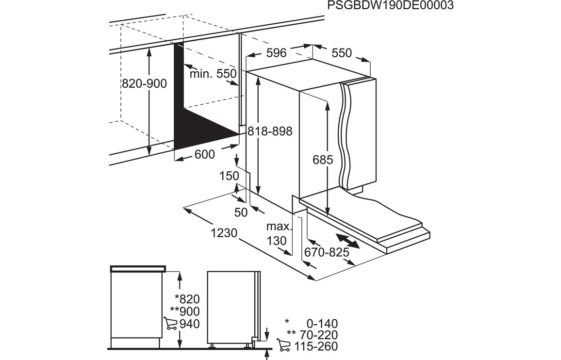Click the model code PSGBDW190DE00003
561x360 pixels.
[390, 5]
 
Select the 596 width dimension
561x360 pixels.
[277, 53]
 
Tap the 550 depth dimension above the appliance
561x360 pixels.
[342, 53]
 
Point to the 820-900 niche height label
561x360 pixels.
[145, 84]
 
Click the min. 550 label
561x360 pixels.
[213, 74]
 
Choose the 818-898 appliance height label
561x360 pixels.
[270, 131]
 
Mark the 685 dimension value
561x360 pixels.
[323, 160]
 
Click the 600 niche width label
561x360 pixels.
[205, 154]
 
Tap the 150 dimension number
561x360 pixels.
[230, 176]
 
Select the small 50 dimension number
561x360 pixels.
[241, 213]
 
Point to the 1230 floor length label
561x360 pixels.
[224, 233]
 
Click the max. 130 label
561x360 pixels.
[278, 234]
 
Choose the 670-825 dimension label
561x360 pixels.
[327, 253]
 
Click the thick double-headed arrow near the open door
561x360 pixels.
[347, 241]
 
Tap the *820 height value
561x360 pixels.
[187, 299]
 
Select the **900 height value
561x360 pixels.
[185, 311]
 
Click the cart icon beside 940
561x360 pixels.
[170, 323]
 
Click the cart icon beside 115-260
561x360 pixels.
[284, 345]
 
